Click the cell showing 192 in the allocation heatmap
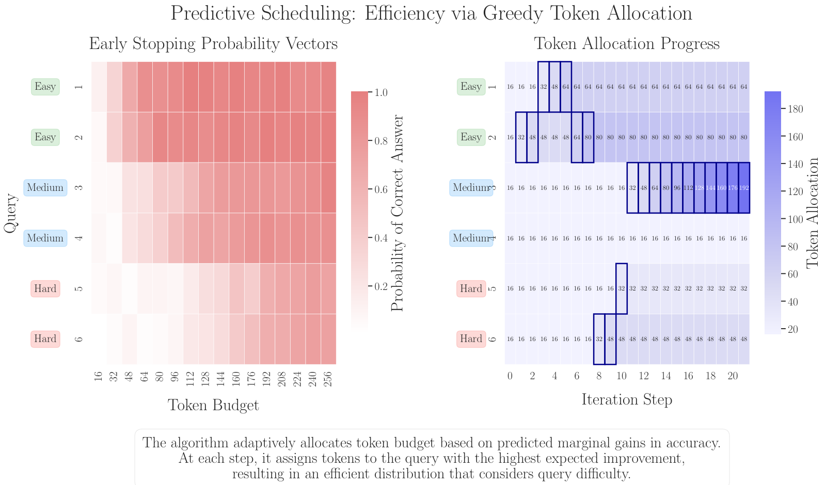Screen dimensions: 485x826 click(x=744, y=188)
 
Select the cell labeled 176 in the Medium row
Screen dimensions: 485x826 click(x=733, y=188)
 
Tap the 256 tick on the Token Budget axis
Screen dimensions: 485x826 click(x=329, y=379)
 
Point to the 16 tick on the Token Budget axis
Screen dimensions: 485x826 click(x=99, y=379)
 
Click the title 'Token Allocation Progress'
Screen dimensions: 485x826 click(x=627, y=44)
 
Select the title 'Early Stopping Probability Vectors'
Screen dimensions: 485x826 click(x=213, y=44)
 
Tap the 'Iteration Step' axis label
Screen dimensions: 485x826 click(x=627, y=399)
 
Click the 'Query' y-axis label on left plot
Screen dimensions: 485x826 click(x=10, y=213)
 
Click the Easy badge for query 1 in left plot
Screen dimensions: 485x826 click(x=45, y=87)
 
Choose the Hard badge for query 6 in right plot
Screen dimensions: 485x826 click(x=471, y=339)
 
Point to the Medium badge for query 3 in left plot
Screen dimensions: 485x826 click(x=45, y=188)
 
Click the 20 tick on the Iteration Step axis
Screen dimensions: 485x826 click(x=733, y=377)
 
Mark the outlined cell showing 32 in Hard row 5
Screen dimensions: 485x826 click(x=622, y=289)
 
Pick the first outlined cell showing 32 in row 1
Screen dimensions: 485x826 click(x=543, y=87)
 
